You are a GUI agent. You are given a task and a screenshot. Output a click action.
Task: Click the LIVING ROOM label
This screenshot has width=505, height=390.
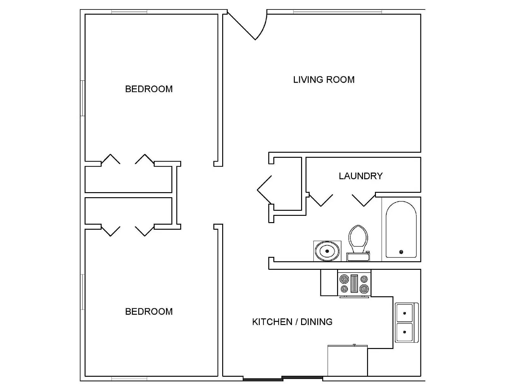pyautogui.click(x=324, y=80)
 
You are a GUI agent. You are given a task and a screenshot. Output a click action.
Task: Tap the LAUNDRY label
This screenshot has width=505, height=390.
pyautogui.click(x=360, y=176)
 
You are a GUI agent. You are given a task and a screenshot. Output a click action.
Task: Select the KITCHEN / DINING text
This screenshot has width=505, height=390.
pyautogui.click(x=292, y=322)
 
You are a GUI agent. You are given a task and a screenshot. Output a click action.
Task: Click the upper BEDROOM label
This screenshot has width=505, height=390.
pyautogui.click(x=149, y=89)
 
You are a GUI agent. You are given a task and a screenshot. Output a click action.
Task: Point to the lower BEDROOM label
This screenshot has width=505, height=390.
pyautogui.click(x=149, y=311)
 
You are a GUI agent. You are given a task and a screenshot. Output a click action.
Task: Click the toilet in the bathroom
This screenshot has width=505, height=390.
pyautogui.click(x=358, y=243)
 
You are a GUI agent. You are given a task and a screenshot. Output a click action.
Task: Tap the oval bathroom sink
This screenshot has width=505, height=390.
pyautogui.click(x=327, y=251)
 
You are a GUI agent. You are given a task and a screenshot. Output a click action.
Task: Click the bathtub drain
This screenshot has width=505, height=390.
pyautogui.click(x=401, y=252)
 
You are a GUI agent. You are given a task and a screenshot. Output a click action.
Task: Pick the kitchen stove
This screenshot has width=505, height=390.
pyautogui.click(x=354, y=283)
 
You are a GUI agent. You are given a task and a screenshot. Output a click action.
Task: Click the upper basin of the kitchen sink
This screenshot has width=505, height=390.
pyautogui.click(x=404, y=313)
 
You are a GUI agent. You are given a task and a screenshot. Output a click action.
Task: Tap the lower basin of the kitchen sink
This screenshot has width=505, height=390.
pyautogui.click(x=404, y=332)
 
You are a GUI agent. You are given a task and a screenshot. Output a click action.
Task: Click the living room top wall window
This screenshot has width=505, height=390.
pyautogui.click(x=337, y=12)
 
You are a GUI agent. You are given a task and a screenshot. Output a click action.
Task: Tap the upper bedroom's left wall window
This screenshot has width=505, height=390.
pyautogui.click(x=82, y=98)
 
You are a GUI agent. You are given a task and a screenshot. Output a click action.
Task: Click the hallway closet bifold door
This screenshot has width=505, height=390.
pyautogui.click(x=264, y=190)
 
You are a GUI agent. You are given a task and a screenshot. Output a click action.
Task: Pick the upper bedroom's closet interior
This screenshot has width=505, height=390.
pyautogui.click(x=128, y=179)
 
